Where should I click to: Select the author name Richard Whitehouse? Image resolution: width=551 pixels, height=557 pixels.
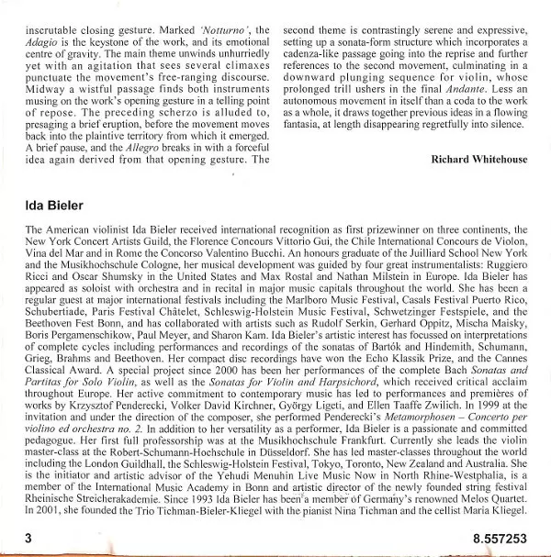pyautogui.click(x=478, y=159)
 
